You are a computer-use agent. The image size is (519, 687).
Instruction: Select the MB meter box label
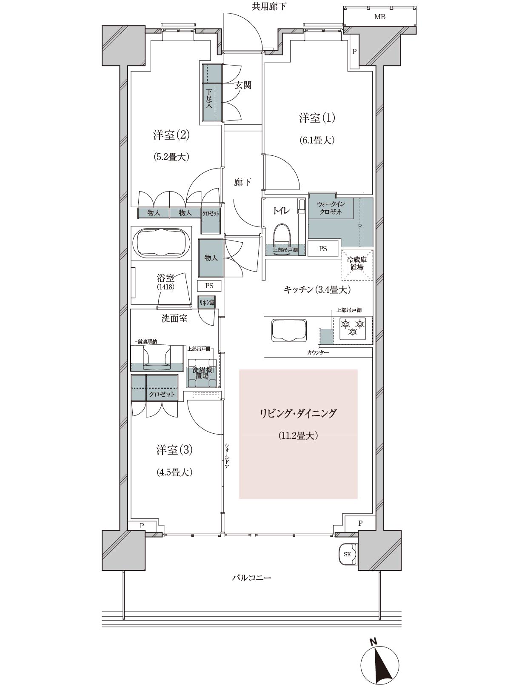pyautogui.click(x=380, y=17)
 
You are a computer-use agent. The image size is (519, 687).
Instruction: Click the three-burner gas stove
pyautogui.click(x=352, y=330)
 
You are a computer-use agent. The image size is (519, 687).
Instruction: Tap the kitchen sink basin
pyautogui.click(x=289, y=330)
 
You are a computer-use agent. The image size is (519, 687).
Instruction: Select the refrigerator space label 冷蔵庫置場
pyautogui.click(x=356, y=263)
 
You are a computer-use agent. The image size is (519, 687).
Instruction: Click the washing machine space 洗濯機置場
pyautogui.click(x=202, y=373)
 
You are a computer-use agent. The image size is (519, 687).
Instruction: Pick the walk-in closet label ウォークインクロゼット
pyautogui.click(x=331, y=208)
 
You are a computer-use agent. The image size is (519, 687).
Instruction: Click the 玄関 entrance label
pyautogui.click(x=243, y=85)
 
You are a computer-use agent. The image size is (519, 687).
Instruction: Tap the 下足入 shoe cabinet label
pyautogui.click(x=209, y=99)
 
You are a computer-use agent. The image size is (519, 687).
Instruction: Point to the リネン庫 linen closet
pyautogui.click(x=207, y=302)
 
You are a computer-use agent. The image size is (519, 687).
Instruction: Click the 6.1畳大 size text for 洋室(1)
pyautogui.click(x=317, y=140)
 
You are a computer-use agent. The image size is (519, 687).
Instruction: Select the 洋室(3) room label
pyautogui.click(x=174, y=450)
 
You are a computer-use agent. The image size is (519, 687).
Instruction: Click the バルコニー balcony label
pyautogui.click(x=251, y=578)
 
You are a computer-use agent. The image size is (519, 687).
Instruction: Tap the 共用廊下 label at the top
pyautogui.click(x=269, y=6)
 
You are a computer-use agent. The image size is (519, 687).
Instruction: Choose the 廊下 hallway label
pyautogui.click(x=242, y=182)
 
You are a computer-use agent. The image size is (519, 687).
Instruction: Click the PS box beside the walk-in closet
pyautogui.click(x=323, y=249)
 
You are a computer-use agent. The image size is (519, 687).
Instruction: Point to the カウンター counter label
pyautogui.click(x=318, y=353)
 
